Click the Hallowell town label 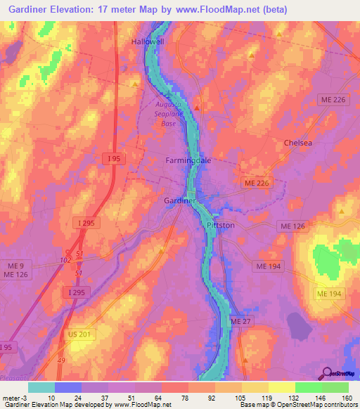147,42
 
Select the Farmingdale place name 188,160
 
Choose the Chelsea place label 297,142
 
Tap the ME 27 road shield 240,321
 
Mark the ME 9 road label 13,265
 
